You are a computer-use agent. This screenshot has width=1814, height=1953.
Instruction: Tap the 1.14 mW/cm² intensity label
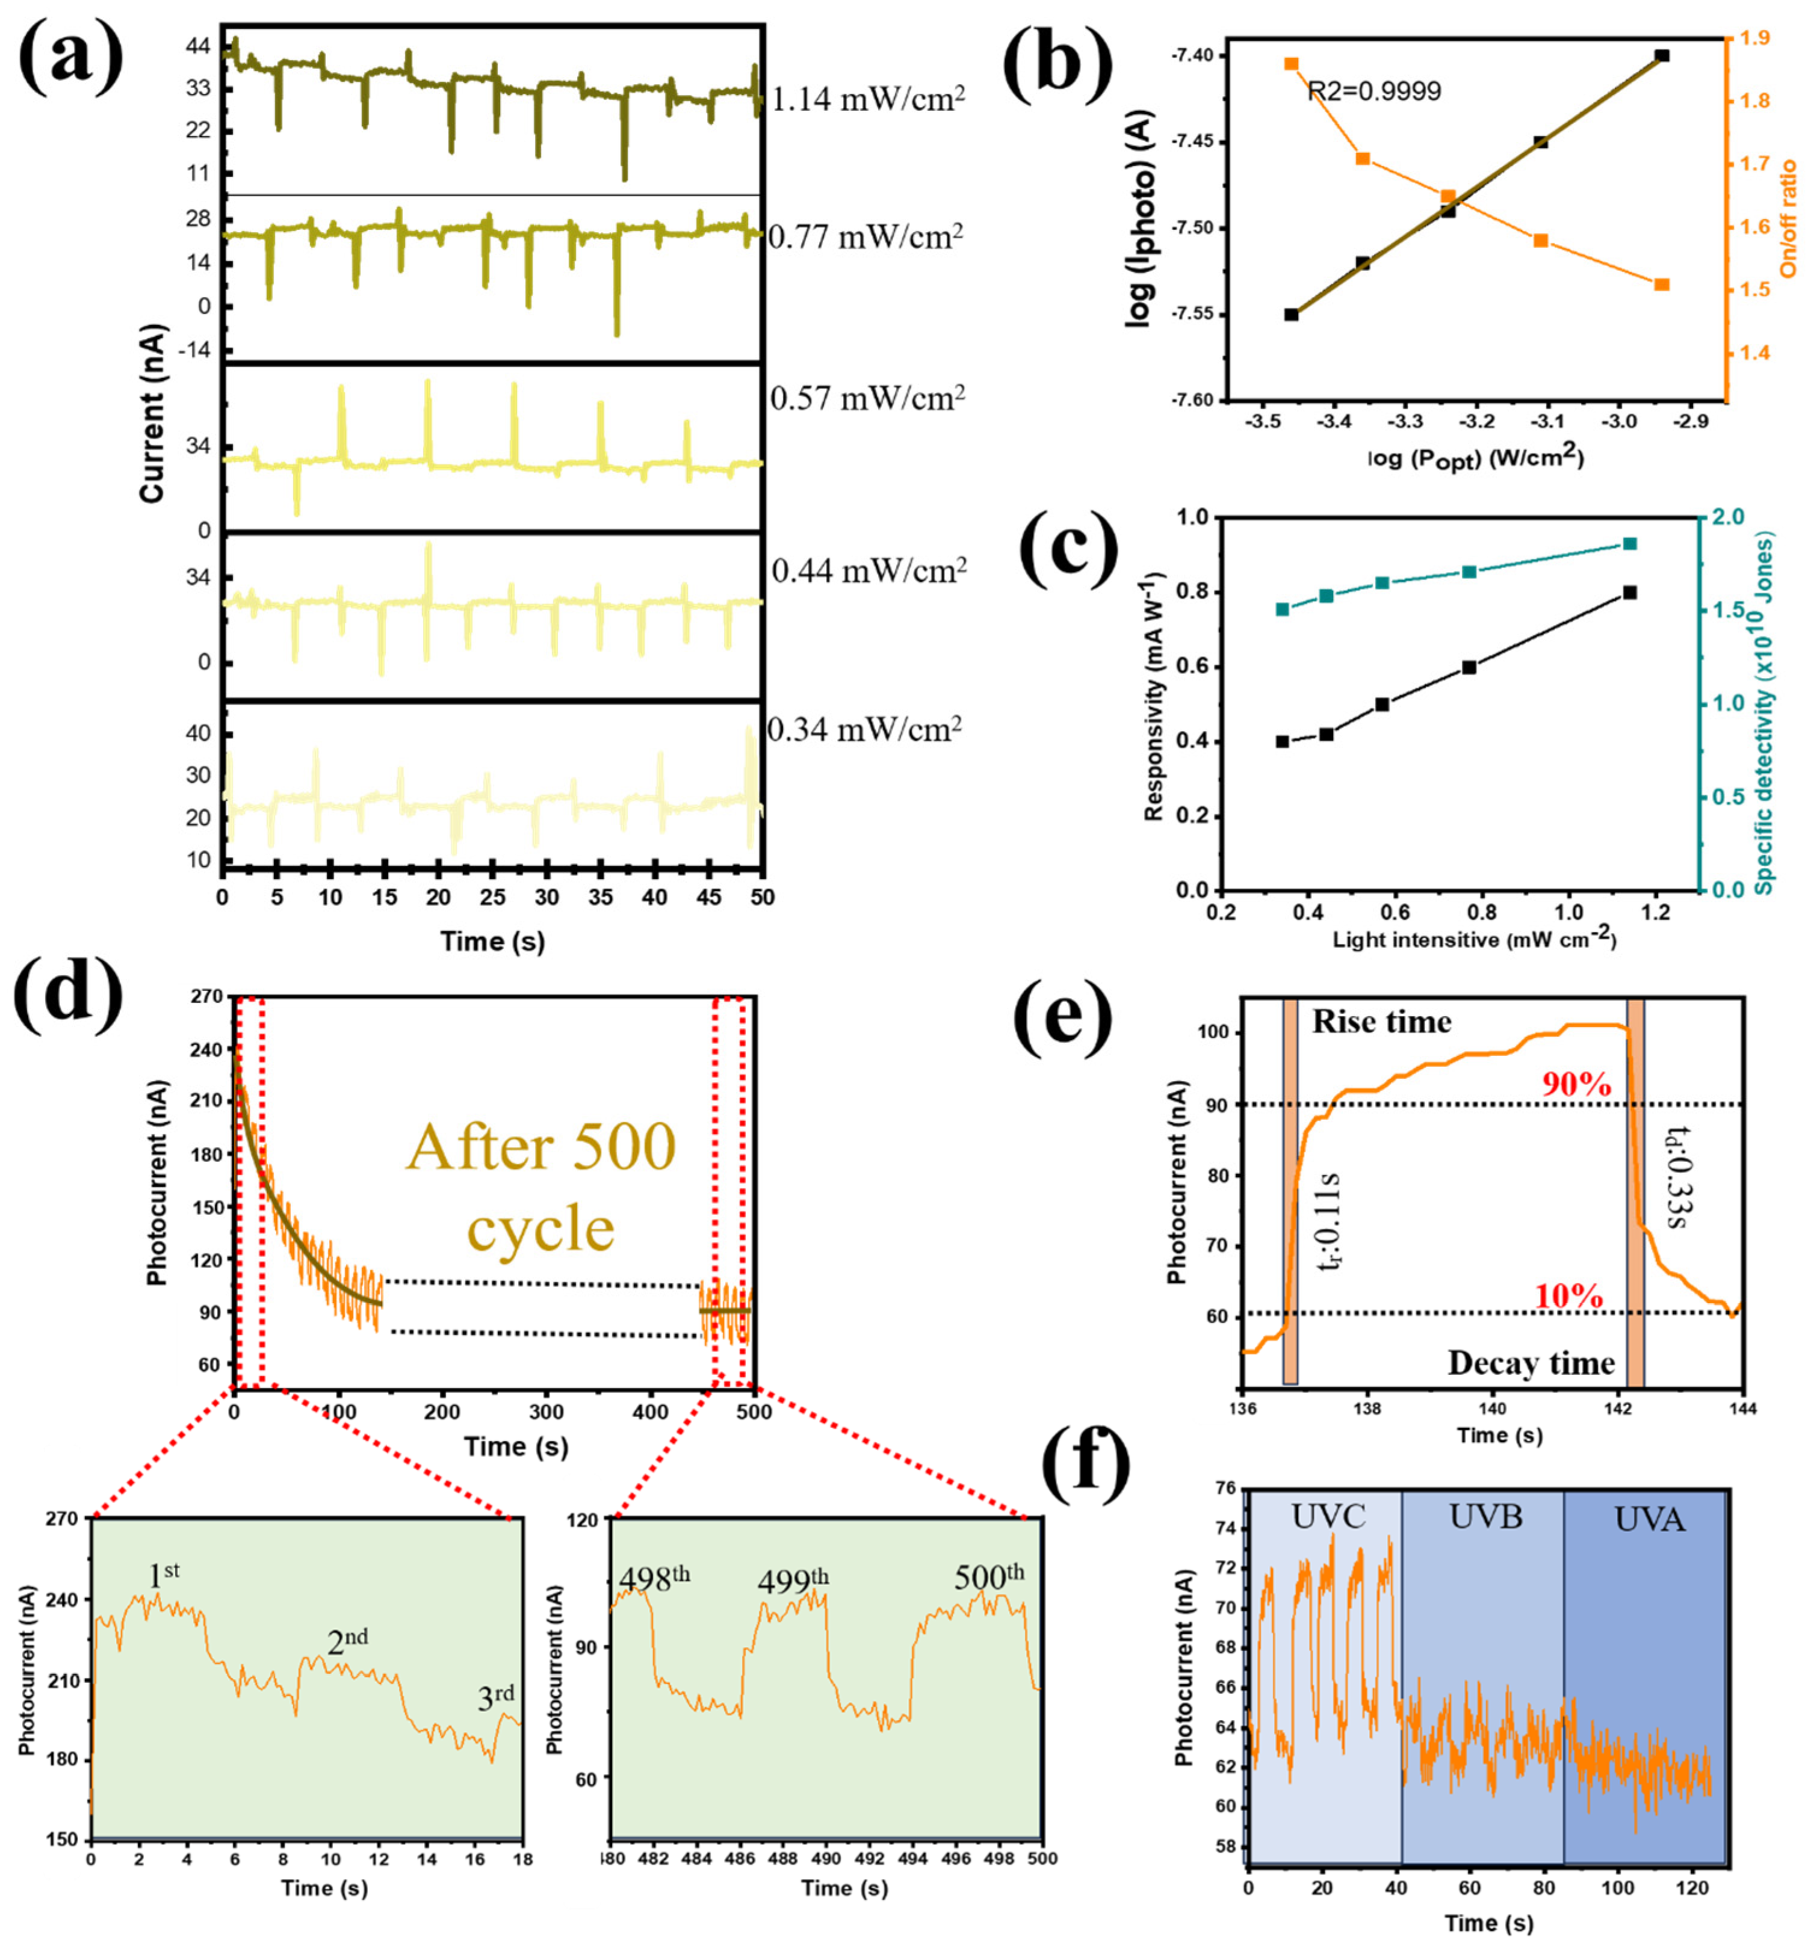[868, 99]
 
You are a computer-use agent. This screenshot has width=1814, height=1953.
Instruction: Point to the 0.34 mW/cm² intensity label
[864, 729]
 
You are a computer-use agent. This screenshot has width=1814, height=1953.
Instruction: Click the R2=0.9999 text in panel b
[1373, 91]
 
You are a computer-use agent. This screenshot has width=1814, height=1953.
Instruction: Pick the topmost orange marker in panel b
[1291, 64]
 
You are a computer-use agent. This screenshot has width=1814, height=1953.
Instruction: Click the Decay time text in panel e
[1531, 1363]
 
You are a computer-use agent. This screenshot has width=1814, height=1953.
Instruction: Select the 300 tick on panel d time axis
[546, 1412]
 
